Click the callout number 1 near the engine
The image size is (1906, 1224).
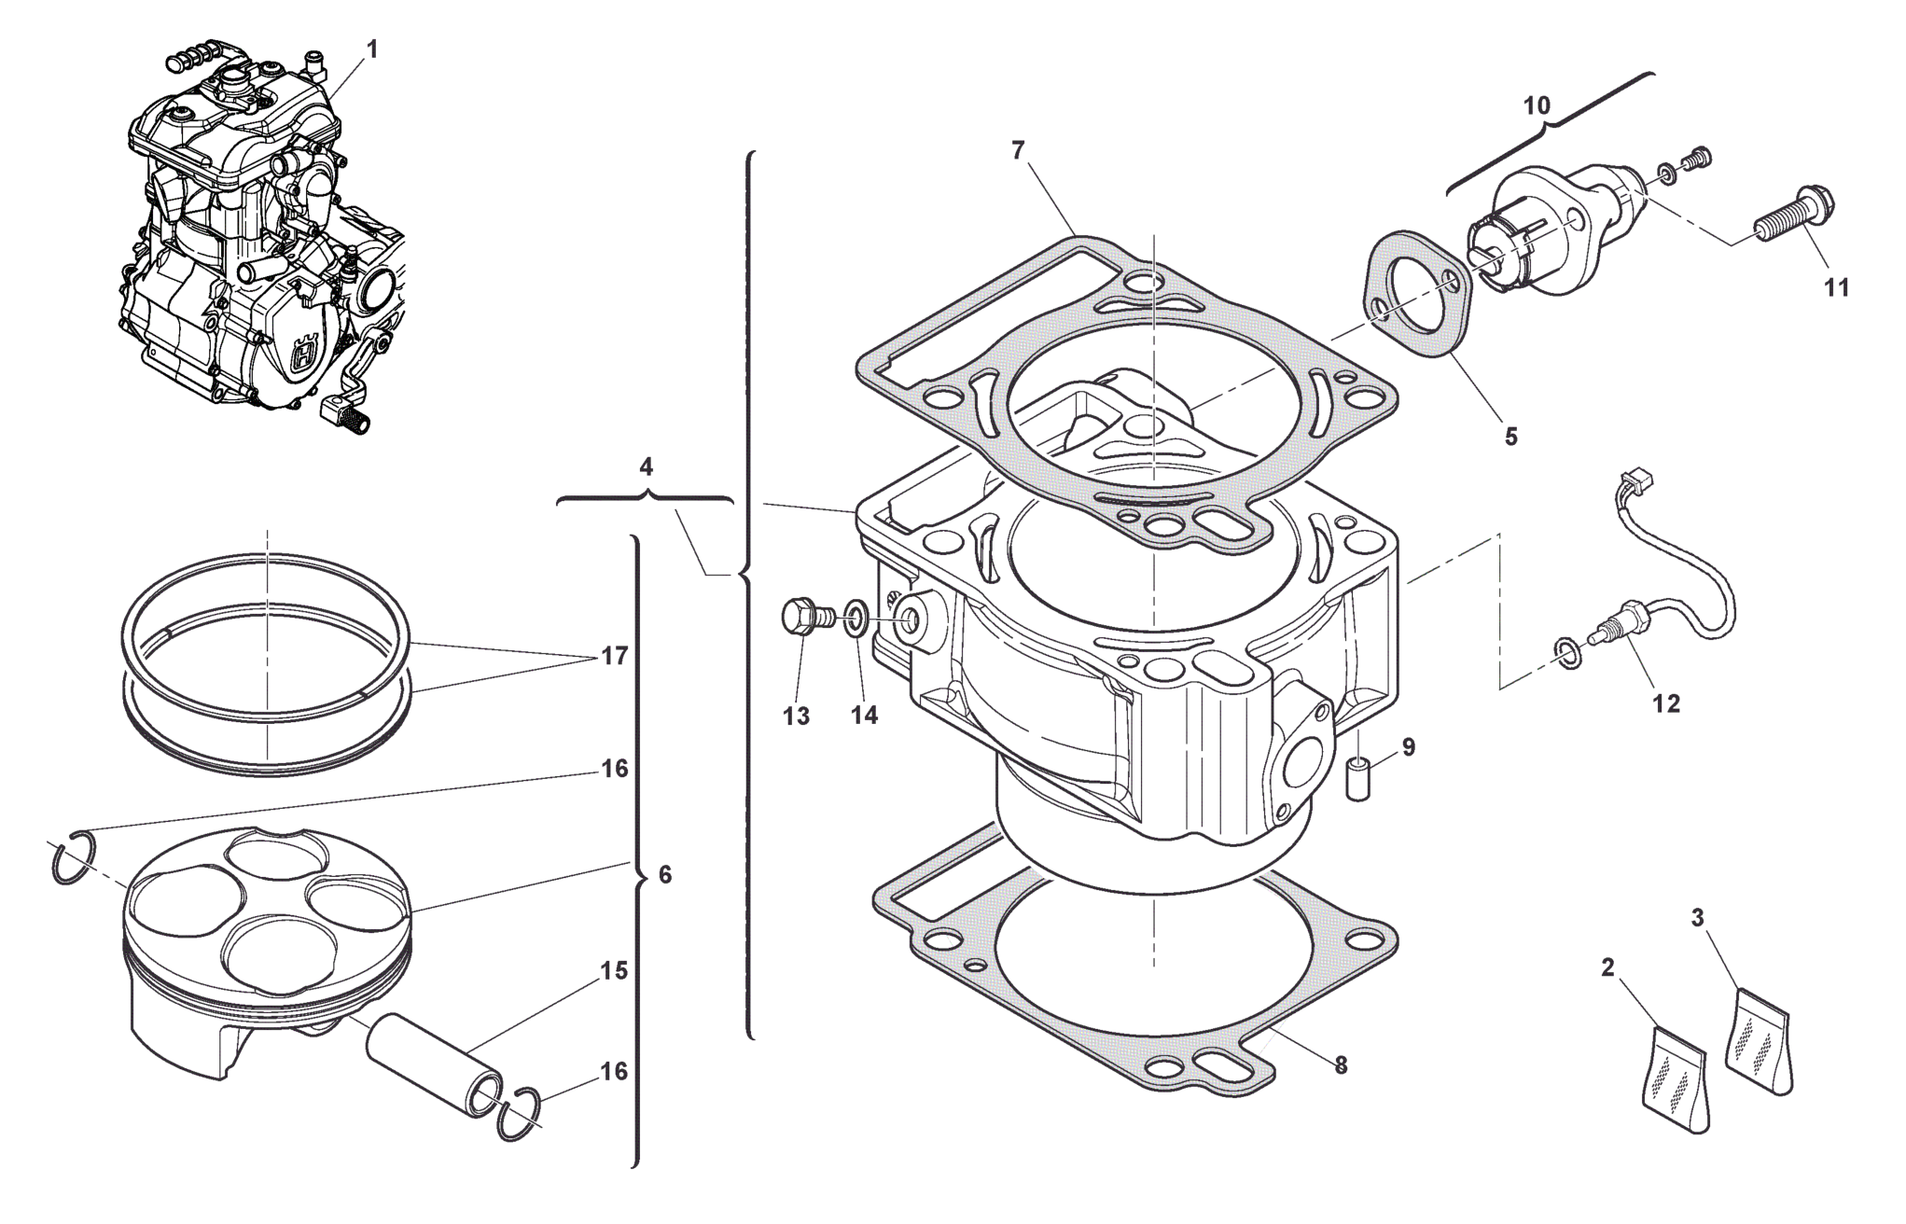pos(373,49)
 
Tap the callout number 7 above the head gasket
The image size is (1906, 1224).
pos(1018,149)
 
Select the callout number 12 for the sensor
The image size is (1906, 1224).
pos(1666,704)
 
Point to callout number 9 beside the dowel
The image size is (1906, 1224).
pos(1408,746)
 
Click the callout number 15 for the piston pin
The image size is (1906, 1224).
pos(613,971)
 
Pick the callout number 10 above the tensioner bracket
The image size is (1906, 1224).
pos(1537,105)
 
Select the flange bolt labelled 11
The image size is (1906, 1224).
pos(1791,213)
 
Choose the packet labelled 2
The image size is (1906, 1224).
pos(1675,1078)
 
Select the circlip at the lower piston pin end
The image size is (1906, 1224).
pos(520,1113)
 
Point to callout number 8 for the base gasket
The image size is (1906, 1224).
pos(1341,1065)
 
